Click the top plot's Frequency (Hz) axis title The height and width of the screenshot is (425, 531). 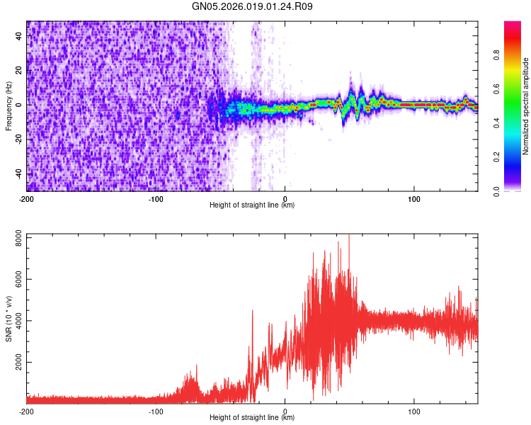coord(8,106)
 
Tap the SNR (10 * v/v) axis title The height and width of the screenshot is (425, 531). coord(8,318)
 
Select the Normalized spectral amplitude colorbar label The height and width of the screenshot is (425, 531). coord(526,106)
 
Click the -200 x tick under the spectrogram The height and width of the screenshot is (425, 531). coord(27,198)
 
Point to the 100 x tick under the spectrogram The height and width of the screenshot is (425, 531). coord(414,198)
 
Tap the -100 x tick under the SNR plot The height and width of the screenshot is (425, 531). coord(156,411)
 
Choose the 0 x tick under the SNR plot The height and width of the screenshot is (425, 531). coord(285,411)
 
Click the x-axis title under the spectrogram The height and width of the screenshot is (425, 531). coord(252,205)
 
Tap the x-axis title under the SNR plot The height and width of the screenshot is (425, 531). coord(252,418)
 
